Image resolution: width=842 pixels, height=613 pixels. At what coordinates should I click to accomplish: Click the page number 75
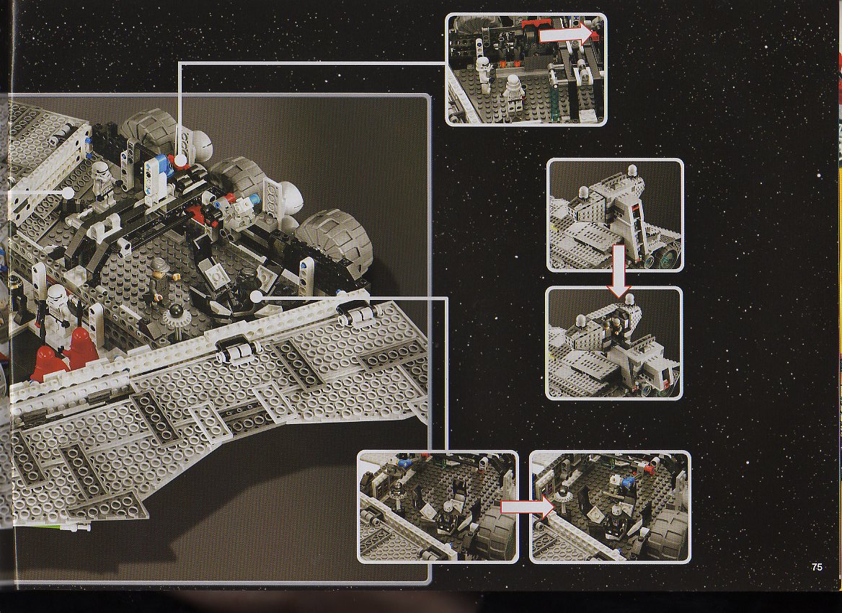pos(817,567)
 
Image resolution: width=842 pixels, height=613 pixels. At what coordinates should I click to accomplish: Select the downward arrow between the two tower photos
pos(619,270)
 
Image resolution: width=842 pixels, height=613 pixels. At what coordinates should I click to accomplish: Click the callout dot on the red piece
pos(180,160)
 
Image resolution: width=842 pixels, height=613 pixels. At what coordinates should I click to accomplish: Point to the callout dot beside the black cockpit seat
pos(256,296)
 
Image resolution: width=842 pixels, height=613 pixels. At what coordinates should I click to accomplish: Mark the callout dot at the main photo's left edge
pos(68,193)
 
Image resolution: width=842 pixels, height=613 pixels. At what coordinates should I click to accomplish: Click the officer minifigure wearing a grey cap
pos(159,281)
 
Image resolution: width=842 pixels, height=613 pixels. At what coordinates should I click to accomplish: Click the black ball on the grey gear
pos(176,312)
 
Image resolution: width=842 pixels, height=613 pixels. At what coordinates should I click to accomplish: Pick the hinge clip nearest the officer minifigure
pos(236,350)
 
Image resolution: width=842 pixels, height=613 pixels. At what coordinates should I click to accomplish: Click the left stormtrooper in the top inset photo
pos(484,74)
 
